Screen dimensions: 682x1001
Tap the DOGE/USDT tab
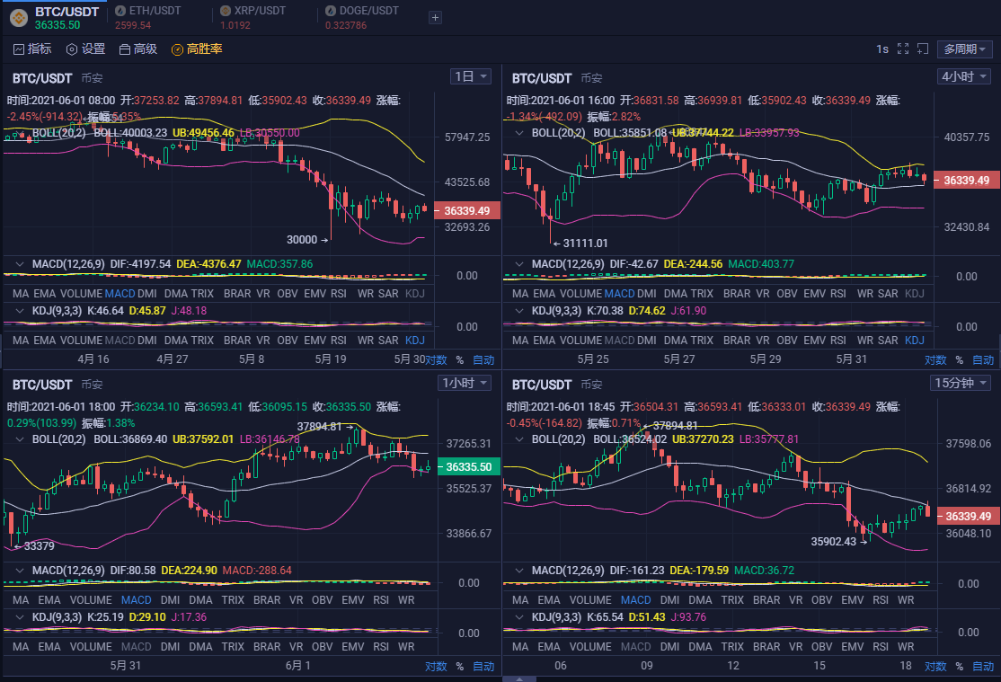pyautogui.click(x=361, y=11)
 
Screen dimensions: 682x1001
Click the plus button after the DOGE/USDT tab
pyautogui.click(x=435, y=17)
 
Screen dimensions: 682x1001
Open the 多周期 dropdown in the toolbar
pyautogui.click(x=966, y=49)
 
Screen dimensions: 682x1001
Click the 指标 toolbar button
pyautogui.click(x=32, y=49)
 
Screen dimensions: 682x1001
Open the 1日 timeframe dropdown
pyautogui.click(x=471, y=77)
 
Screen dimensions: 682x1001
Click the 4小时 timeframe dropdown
pyautogui.click(x=963, y=77)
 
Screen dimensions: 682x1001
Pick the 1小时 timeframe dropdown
pyautogui.click(x=465, y=384)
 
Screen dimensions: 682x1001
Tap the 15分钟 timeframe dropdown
pyautogui.click(x=961, y=384)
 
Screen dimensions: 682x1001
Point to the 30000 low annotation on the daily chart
pyautogui.click(x=302, y=240)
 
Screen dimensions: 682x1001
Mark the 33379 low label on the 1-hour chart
pyautogui.click(x=39, y=545)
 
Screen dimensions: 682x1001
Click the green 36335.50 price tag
pyautogui.click(x=468, y=467)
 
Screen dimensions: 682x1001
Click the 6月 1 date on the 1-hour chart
pyautogui.click(x=298, y=666)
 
